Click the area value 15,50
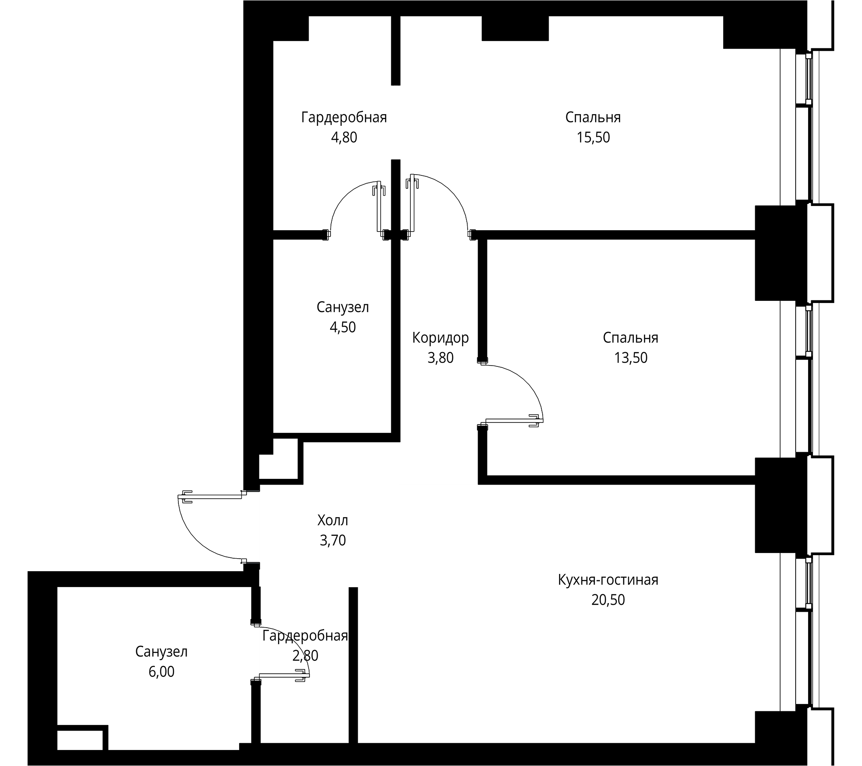593,138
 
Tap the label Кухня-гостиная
608,580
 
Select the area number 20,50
608,600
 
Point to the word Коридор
440,338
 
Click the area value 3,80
440,358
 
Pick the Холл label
332,520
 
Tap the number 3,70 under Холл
332,540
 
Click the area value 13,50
631,358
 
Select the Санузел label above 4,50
343,307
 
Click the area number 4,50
343,327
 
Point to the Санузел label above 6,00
161,652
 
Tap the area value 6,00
161,672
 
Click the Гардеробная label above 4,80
344,117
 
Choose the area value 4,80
344,138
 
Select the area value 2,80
305,656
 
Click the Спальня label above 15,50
593,117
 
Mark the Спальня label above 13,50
631,338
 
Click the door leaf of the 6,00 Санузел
282,675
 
